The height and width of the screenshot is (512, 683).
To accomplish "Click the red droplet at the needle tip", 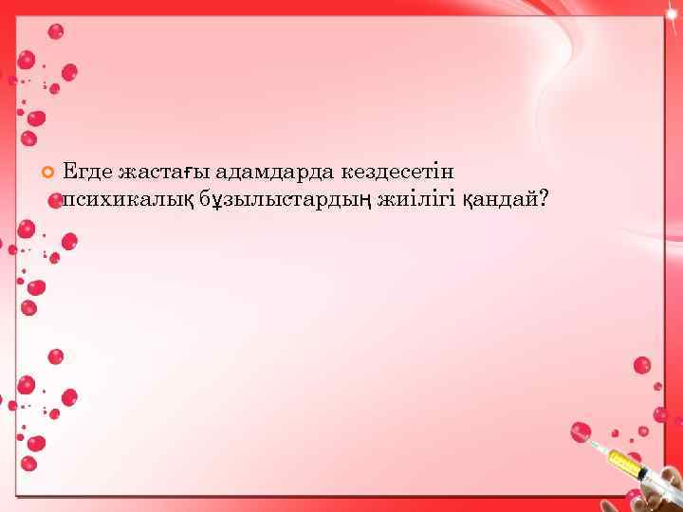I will (x=581, y=431).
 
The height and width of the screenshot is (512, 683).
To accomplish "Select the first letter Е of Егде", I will (x=68, y=172).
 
